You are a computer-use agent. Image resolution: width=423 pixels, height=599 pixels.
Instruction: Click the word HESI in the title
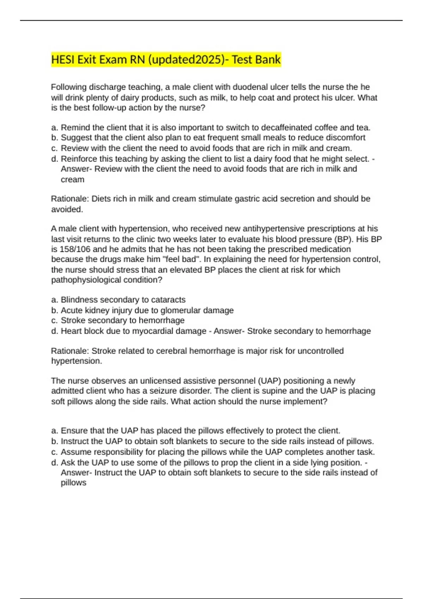(63, 60)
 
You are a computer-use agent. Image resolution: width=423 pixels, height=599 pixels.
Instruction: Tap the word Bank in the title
(268, 60)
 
